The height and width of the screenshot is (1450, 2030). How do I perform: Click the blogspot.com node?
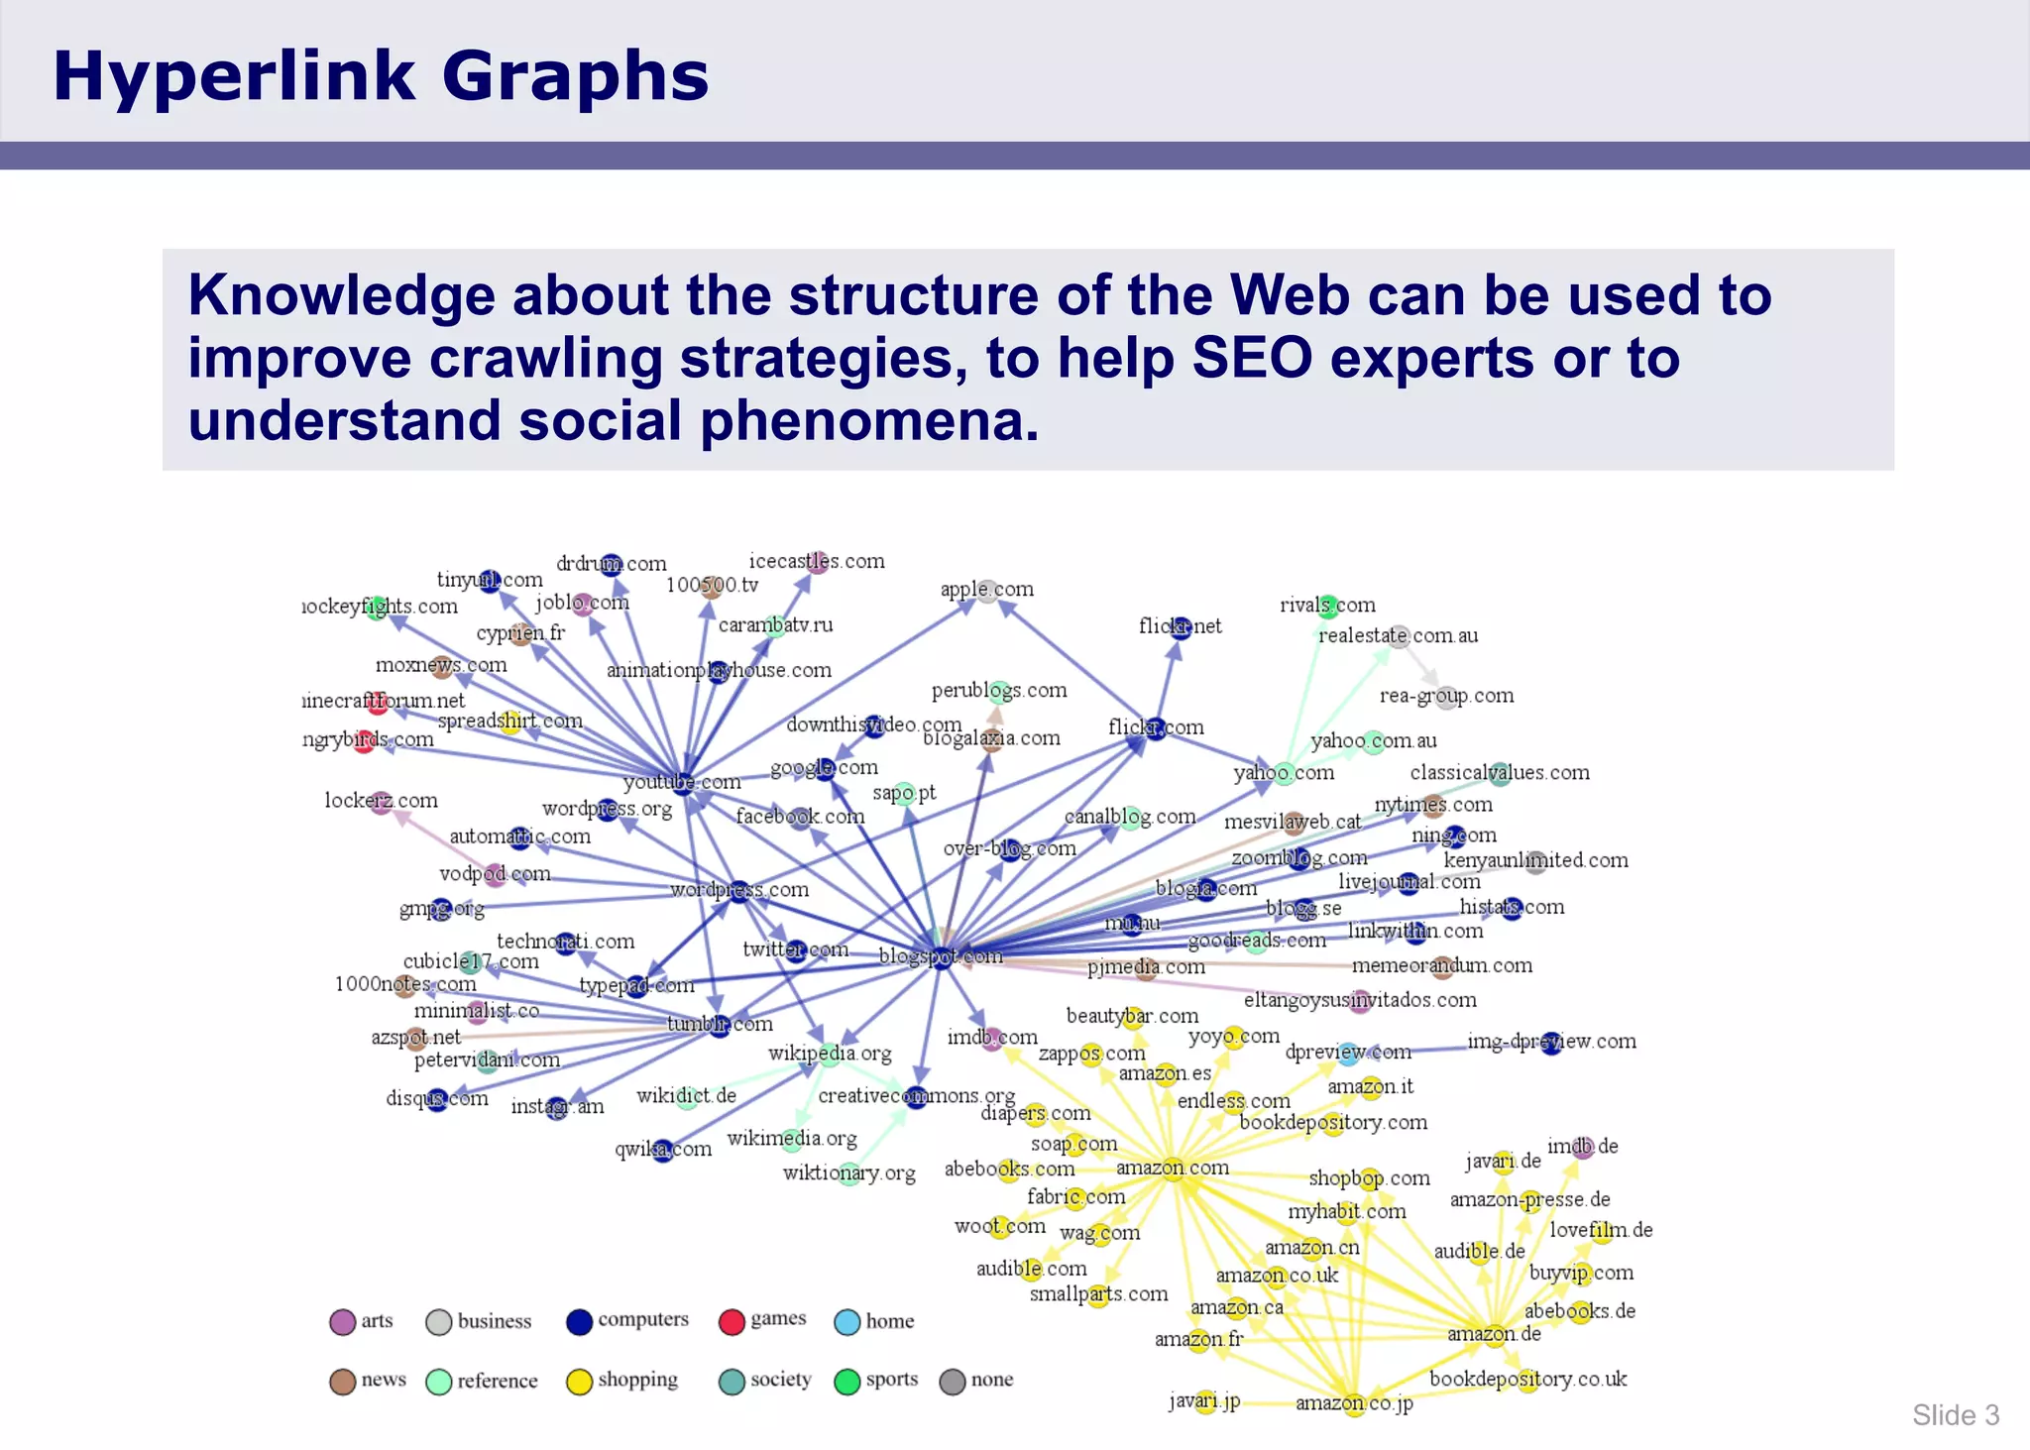(941, 957)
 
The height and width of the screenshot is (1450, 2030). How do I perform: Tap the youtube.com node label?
(682, 782)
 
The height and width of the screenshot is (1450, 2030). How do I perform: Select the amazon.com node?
(1174, 1169)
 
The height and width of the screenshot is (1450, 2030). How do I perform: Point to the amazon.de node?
(1496, 1334)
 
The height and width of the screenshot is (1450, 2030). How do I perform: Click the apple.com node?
(987, 592)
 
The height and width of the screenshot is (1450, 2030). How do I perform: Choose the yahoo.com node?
(1284, 773)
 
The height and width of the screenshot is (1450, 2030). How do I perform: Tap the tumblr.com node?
(720, 1025)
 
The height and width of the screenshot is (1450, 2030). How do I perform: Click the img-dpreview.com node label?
(1551, 1042)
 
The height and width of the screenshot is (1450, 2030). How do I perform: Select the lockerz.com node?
(382, 802)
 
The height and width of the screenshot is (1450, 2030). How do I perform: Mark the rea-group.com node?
(1446, 697)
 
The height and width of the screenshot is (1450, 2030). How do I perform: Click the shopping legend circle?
(579, 1382)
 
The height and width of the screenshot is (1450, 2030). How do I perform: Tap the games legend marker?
(732, 1322)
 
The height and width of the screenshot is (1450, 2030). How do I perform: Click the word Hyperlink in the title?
(234, 76)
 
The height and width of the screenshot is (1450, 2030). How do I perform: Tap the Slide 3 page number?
(1955, 1415)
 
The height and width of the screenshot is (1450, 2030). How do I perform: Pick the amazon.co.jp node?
(1355, 1403)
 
